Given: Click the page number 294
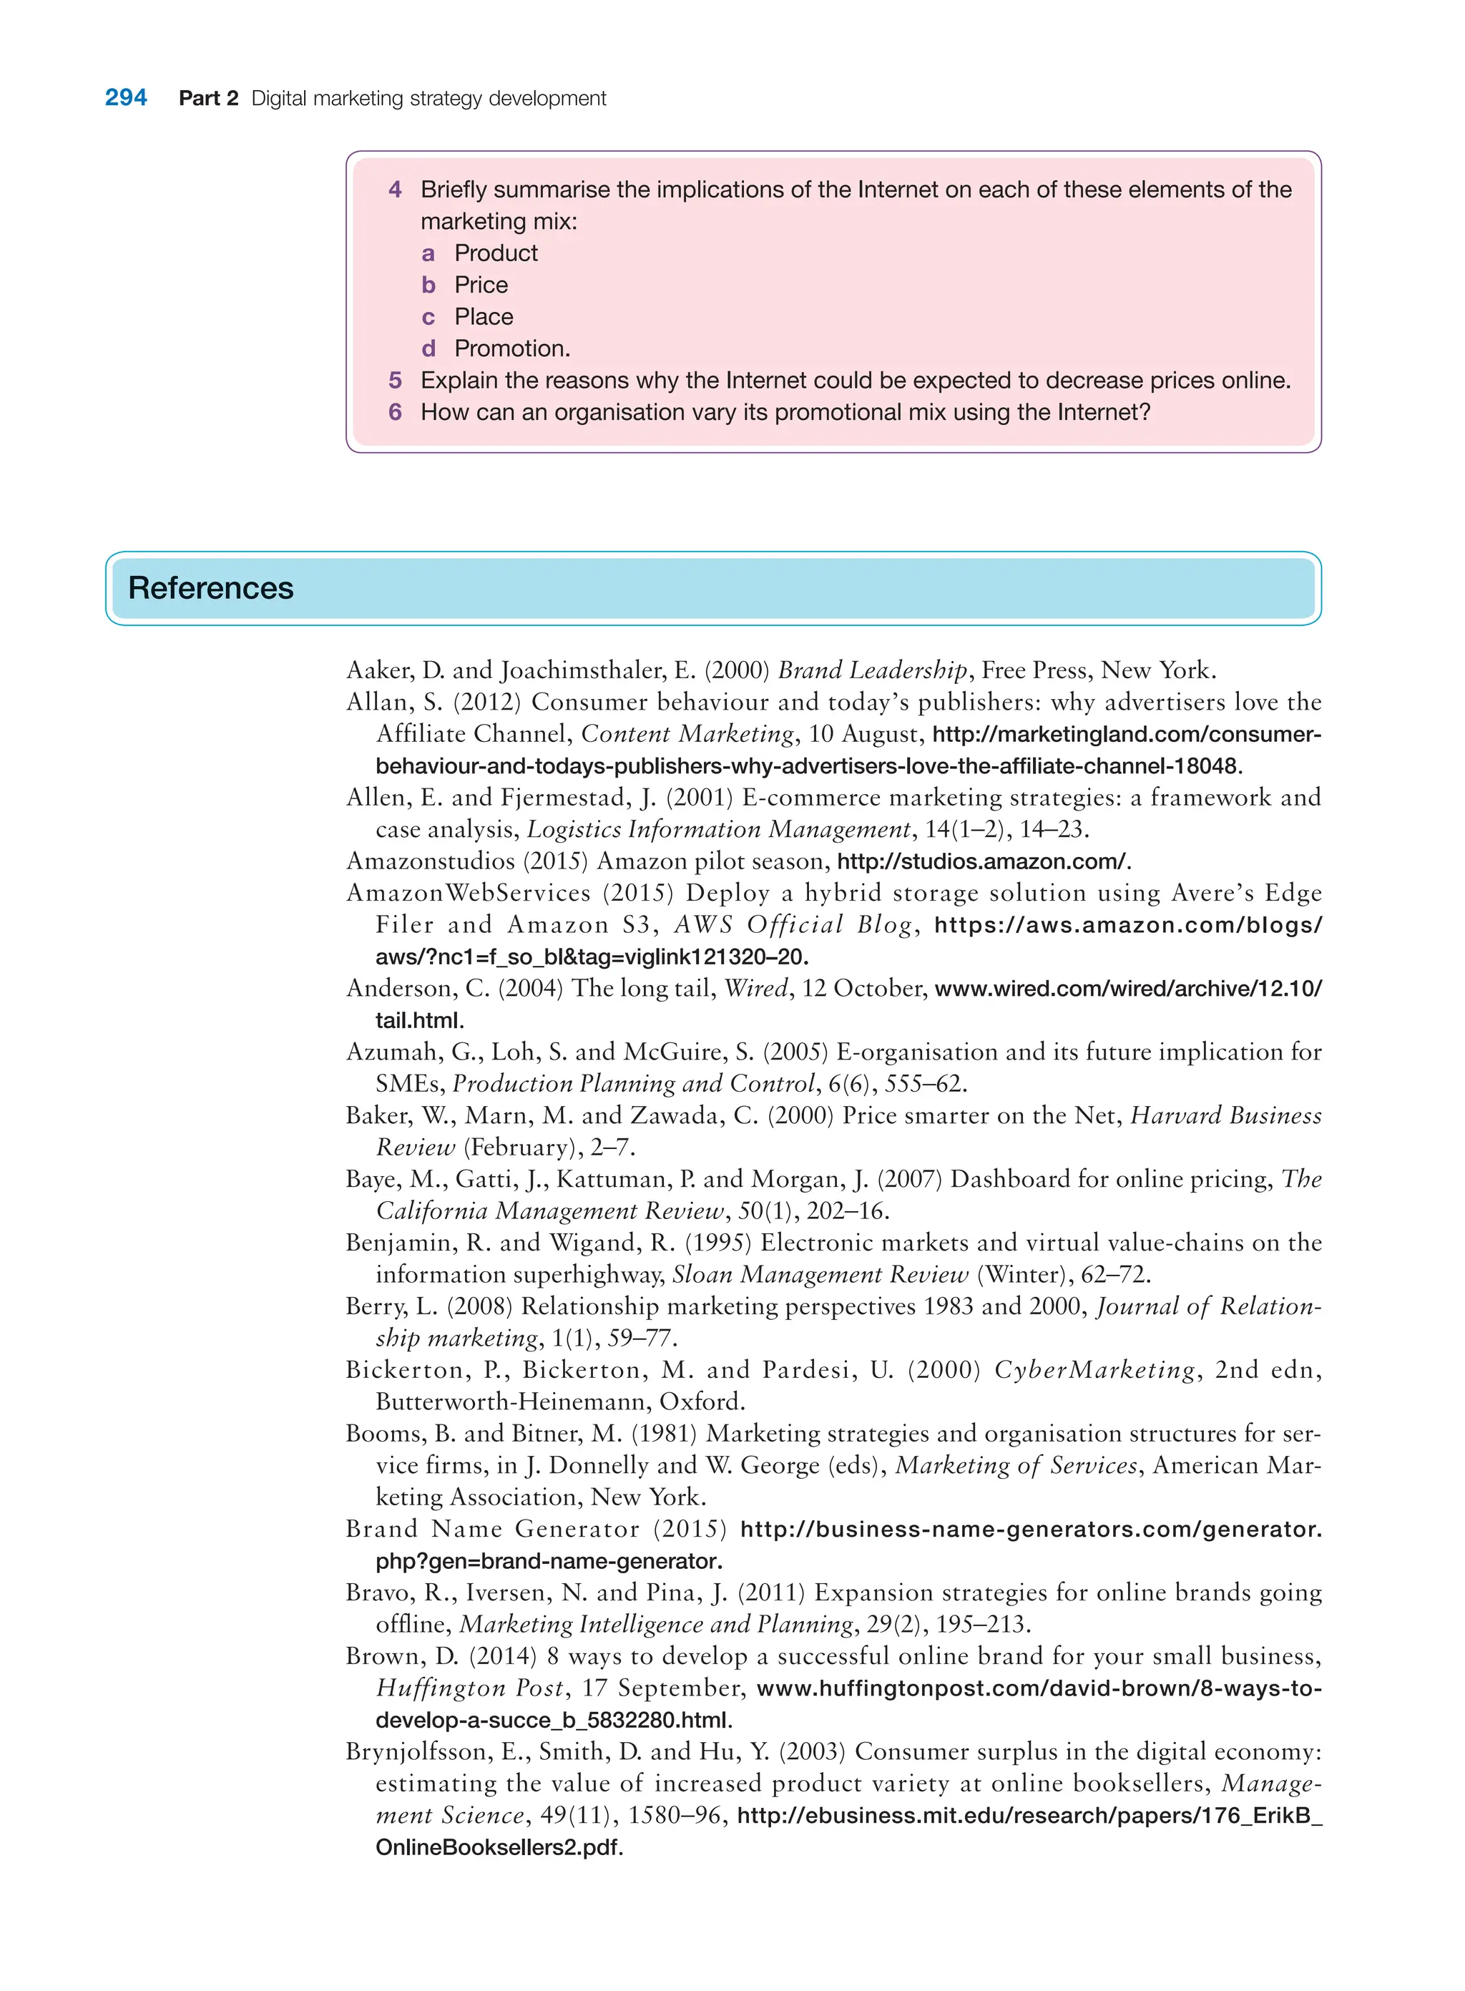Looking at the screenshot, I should pos(126,97).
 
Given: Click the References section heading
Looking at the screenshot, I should pos(210,588).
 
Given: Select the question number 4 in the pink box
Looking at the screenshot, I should pos(395,190).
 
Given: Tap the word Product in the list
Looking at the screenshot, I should pos(496,254).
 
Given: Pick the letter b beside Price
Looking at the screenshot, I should pos(428,285).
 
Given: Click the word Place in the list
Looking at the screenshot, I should pos(484,318).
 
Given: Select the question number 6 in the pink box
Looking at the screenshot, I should pos(395,412).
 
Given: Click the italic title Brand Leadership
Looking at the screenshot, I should pos(872,670).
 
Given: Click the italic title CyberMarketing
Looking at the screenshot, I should pos(1094,1370).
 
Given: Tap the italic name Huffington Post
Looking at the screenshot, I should pos(469,1688).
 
